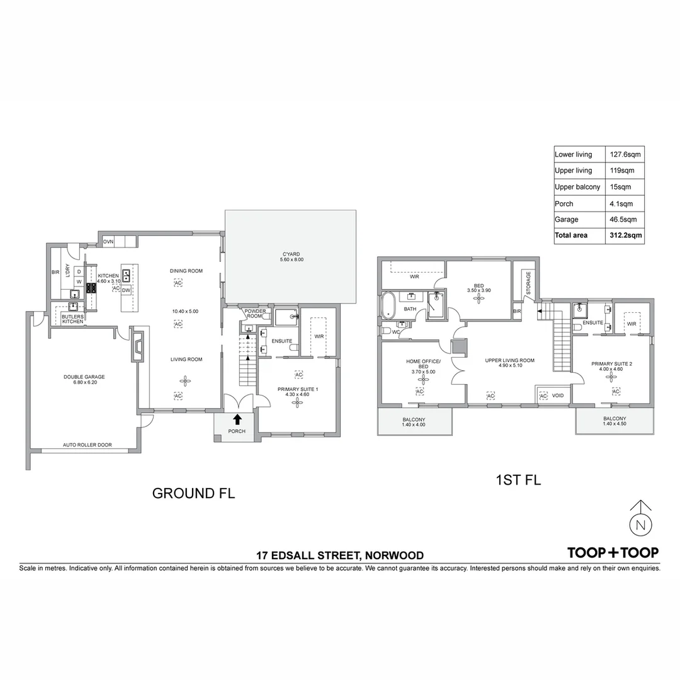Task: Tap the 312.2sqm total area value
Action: pyautogui.click(x=625, y=235)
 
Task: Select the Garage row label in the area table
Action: pyautogui.click(x=565, y=219)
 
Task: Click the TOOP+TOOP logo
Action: pyautogui.click(x=613, y=553)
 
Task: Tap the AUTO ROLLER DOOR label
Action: pyautogui.click(x=87, y=445)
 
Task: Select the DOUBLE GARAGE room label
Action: pyautogui.click(x=84, y=377)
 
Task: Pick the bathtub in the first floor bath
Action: pyautogui.click(x=389, y=305)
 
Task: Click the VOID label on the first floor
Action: pyautogui.click(x=558, y=396)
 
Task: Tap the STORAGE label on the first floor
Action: pyautogui.click(x=528, y=284)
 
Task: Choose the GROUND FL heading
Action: pyautogui.click(x=193, y=494)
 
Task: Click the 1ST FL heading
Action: pyautogui.click(x=519, y=480)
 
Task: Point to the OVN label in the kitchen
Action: pyautogui.click(x=108, y=242)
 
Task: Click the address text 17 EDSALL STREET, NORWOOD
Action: pyautogui.click(x=339, y=555)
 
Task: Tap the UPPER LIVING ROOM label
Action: pyautogui.click(x=509, y=361)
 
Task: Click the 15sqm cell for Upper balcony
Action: pyautogui.click(x=619, y=187)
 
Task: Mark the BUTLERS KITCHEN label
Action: pyautogui.click(x=72, y=319)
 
